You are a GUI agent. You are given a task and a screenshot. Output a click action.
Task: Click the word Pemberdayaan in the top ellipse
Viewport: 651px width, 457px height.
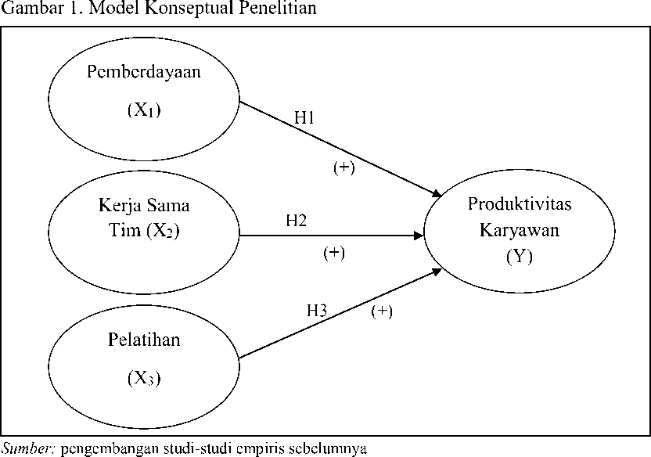point(144,72)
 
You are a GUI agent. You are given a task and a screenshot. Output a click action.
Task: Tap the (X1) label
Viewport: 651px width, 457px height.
point(144,110)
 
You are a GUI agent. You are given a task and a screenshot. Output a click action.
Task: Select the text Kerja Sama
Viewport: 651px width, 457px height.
point(144,206)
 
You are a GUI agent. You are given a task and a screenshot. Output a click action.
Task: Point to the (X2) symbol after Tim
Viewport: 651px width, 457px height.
point(163,230)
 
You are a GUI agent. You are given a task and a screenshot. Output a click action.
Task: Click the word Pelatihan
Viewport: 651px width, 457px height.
point(144,340)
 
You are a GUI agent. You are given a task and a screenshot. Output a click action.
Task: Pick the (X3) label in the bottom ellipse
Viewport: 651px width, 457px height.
point(144,378)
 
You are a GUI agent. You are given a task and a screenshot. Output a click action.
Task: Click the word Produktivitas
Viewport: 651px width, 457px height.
point(520,203)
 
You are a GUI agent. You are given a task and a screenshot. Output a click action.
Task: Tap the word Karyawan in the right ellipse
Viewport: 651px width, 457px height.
point(520,230)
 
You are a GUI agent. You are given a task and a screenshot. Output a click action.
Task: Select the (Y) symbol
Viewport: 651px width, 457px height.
point(520,257)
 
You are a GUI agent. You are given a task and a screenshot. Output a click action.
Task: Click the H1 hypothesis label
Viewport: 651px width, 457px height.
point(304,118)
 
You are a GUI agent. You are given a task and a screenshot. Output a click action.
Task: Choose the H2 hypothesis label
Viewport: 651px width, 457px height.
point(296,220)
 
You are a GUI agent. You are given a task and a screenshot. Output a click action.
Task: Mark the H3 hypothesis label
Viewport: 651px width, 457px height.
point(317,310)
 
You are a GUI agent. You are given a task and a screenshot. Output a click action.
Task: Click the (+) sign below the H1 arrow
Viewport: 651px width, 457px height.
point(344,167)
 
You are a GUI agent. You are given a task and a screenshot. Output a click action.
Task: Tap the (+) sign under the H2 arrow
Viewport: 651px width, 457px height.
point(334,253)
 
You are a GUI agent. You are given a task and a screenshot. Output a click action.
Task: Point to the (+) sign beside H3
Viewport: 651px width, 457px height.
point(382,311)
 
